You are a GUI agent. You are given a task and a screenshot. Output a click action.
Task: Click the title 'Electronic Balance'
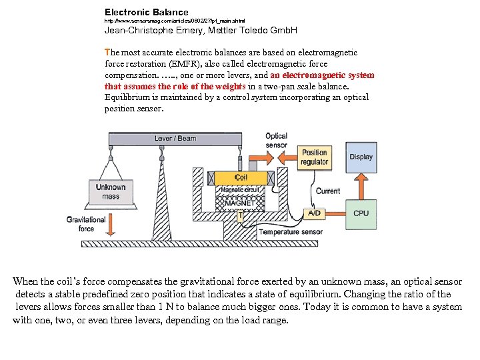coord(147,12)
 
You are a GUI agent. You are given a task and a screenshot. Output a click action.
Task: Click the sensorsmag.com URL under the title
coord(175,21)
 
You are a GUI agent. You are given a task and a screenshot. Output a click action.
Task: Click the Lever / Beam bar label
coord(175,139)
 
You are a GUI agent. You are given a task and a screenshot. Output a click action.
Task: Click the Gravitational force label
coord(86,224)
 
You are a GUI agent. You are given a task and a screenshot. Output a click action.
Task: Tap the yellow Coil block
coord(240,178)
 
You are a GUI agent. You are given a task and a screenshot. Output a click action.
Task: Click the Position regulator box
coord(314,157)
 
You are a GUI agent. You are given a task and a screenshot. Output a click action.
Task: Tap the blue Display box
coord(361,157)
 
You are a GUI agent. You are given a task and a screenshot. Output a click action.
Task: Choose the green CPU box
coord(361,213)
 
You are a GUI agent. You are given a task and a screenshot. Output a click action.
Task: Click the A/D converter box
coord(313,213)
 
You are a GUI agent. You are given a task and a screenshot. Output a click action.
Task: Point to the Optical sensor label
coord(276,141)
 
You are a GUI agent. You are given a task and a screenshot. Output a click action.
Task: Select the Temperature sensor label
coord(291,232)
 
